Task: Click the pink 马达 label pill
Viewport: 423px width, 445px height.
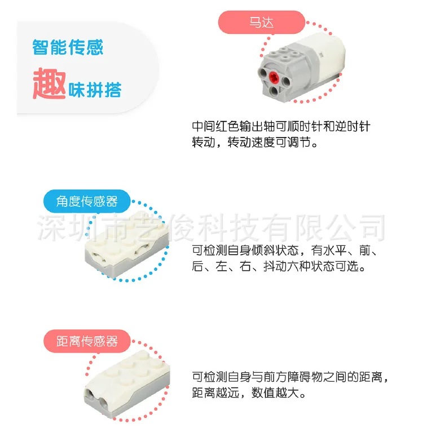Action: coord(262,23)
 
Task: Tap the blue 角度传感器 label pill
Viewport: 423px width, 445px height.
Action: coord(87,201)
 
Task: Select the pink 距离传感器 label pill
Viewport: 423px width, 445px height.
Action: coord(87,341)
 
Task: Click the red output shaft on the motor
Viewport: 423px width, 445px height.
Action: coord(274,76)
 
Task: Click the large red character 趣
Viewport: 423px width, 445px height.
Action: coord(50,83)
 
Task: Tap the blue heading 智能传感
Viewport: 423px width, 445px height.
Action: coord(68,47)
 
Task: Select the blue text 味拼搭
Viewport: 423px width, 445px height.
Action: coord(95,90)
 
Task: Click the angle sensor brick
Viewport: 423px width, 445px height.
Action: coord(127,244)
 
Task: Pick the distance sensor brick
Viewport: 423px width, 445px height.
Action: coord(127,383)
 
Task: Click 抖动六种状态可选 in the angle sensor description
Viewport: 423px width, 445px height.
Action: coord(311,266)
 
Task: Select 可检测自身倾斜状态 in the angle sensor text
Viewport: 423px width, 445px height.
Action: coord(245,250)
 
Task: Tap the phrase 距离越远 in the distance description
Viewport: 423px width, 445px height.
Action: coord(215,393)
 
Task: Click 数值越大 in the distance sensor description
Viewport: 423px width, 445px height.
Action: coord(275,393)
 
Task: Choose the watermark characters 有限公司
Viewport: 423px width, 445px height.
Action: coord(324,227)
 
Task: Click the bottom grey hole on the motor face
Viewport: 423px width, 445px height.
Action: coord(274,91)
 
